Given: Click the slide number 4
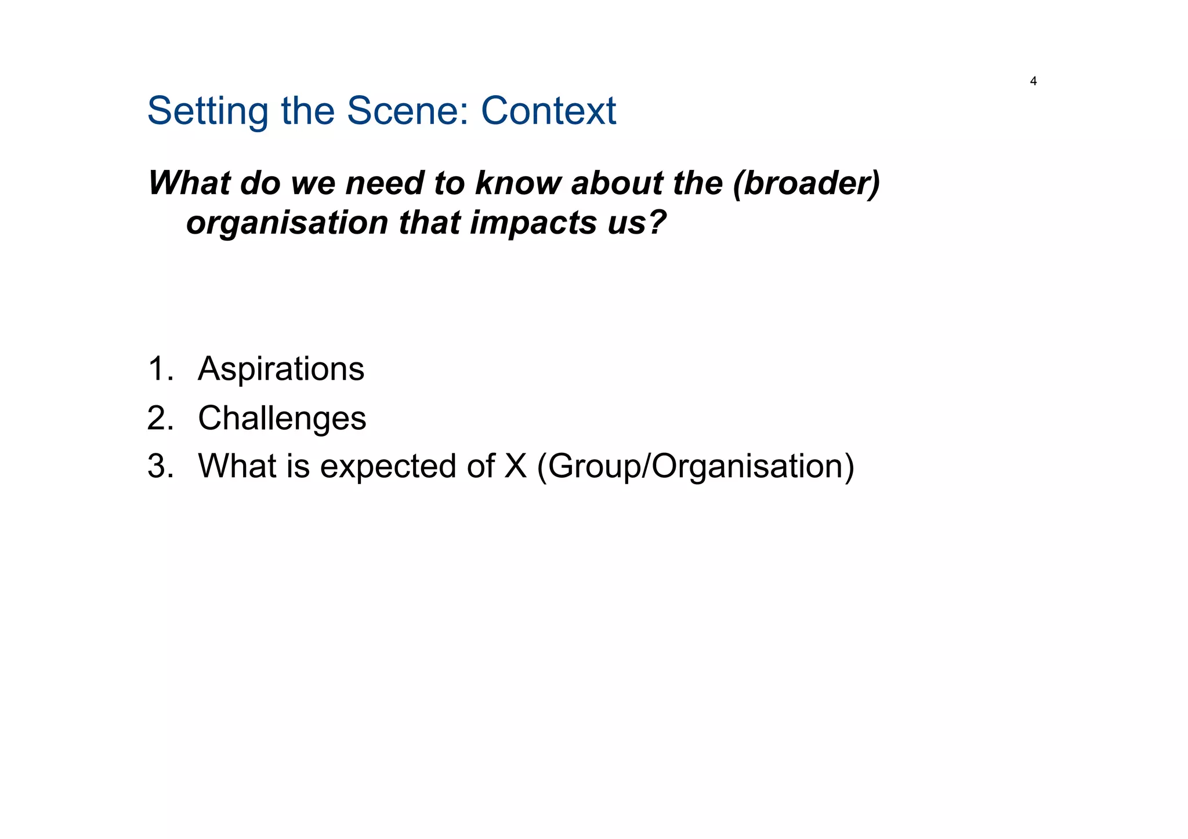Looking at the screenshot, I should click(x=1033, y=82).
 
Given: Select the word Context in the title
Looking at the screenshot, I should click(x=548, y=111).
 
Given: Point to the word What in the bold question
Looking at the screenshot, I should click(x=189, y=183).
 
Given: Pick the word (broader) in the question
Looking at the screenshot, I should click(x=806, y=183).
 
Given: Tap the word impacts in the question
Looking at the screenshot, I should click(x=533, y=223).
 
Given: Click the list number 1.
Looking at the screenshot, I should click(x=160, y=369).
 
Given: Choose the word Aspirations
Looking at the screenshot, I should click(x=281, y=369).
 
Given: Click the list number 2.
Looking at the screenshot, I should click(x=160, y=418).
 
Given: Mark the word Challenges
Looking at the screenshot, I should click(x=282, y=418).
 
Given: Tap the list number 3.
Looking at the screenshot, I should click(x=160, y=466).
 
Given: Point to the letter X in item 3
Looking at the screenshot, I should click(x=515, y=466).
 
